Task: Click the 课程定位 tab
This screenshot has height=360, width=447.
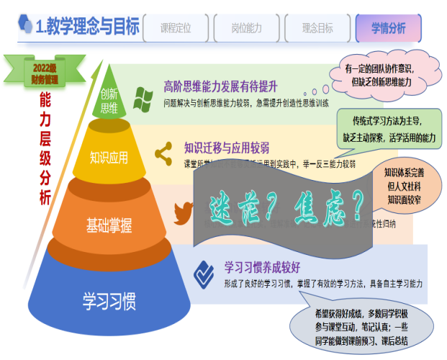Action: click(x=176, y=28)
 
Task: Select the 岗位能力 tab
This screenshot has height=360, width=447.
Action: click(x=247, y=28)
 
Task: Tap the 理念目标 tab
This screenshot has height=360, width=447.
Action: click(x=317, y=28)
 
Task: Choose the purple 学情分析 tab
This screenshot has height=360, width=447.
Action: click(x=389, y=28)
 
